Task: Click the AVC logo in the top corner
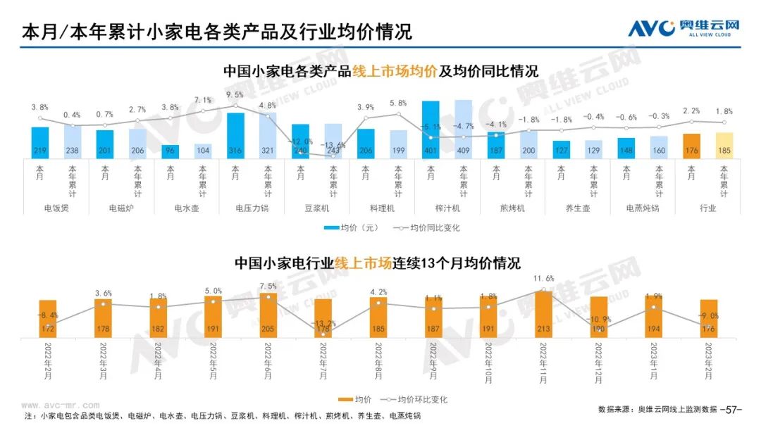coord(684,28)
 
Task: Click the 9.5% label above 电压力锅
coord(235,94)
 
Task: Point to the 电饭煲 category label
coord(56,208)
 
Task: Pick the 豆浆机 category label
coord(316,208)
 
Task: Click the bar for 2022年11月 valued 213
coord(544,314)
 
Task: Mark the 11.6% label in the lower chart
coord(544,279)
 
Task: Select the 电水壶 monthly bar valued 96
coord(169,151)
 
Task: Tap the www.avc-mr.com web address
coord(57,405)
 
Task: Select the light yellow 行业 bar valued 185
coord(724,145)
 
